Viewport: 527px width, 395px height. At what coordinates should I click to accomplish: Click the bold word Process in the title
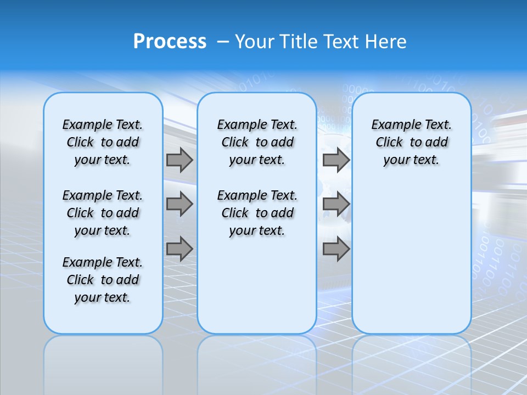[x=170, y=42]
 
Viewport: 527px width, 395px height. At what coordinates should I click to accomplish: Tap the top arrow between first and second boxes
[x=180, y=160]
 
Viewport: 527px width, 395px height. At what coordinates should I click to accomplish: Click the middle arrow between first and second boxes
[x=180, y=204]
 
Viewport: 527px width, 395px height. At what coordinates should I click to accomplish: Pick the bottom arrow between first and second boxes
[x=180, y=249]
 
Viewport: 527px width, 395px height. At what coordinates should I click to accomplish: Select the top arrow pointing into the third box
[x=336, y=160]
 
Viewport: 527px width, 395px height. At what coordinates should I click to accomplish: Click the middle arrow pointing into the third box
[x=336, y=204]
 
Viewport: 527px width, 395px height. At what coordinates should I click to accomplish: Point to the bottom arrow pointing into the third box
[x=336, y=249]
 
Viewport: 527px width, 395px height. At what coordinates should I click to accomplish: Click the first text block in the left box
[x=103, y=142]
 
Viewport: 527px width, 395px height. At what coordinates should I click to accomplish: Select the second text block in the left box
[x=103, y=213]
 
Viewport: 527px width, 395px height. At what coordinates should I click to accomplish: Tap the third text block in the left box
[x=103, y=280]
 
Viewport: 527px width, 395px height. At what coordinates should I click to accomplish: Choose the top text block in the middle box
[x=257, y=142]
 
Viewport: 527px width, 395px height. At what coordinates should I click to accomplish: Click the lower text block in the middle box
[x=257, y=213]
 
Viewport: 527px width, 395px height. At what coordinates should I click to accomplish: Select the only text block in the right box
[x=411, y=142]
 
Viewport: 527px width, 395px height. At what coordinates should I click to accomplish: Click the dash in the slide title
[x=223, y=42]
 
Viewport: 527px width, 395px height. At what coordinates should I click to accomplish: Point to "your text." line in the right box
[x=411, y=160]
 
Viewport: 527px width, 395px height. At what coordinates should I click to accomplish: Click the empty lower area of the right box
[x=411, y=258]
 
